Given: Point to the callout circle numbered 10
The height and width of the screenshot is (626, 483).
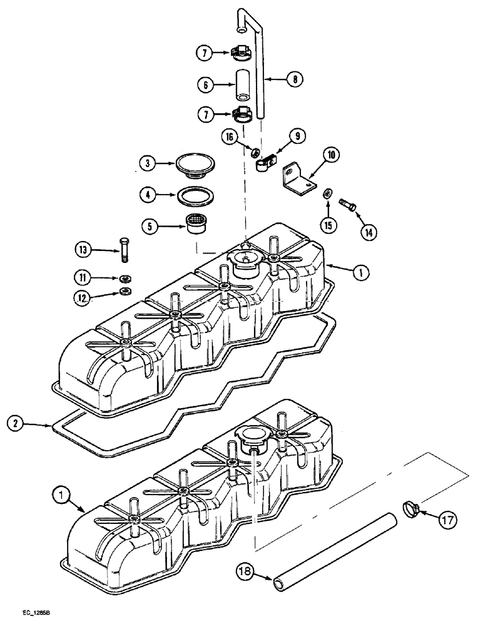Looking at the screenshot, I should tap(331, 154).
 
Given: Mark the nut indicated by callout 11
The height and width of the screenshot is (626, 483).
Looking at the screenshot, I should tap(126, 278).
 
